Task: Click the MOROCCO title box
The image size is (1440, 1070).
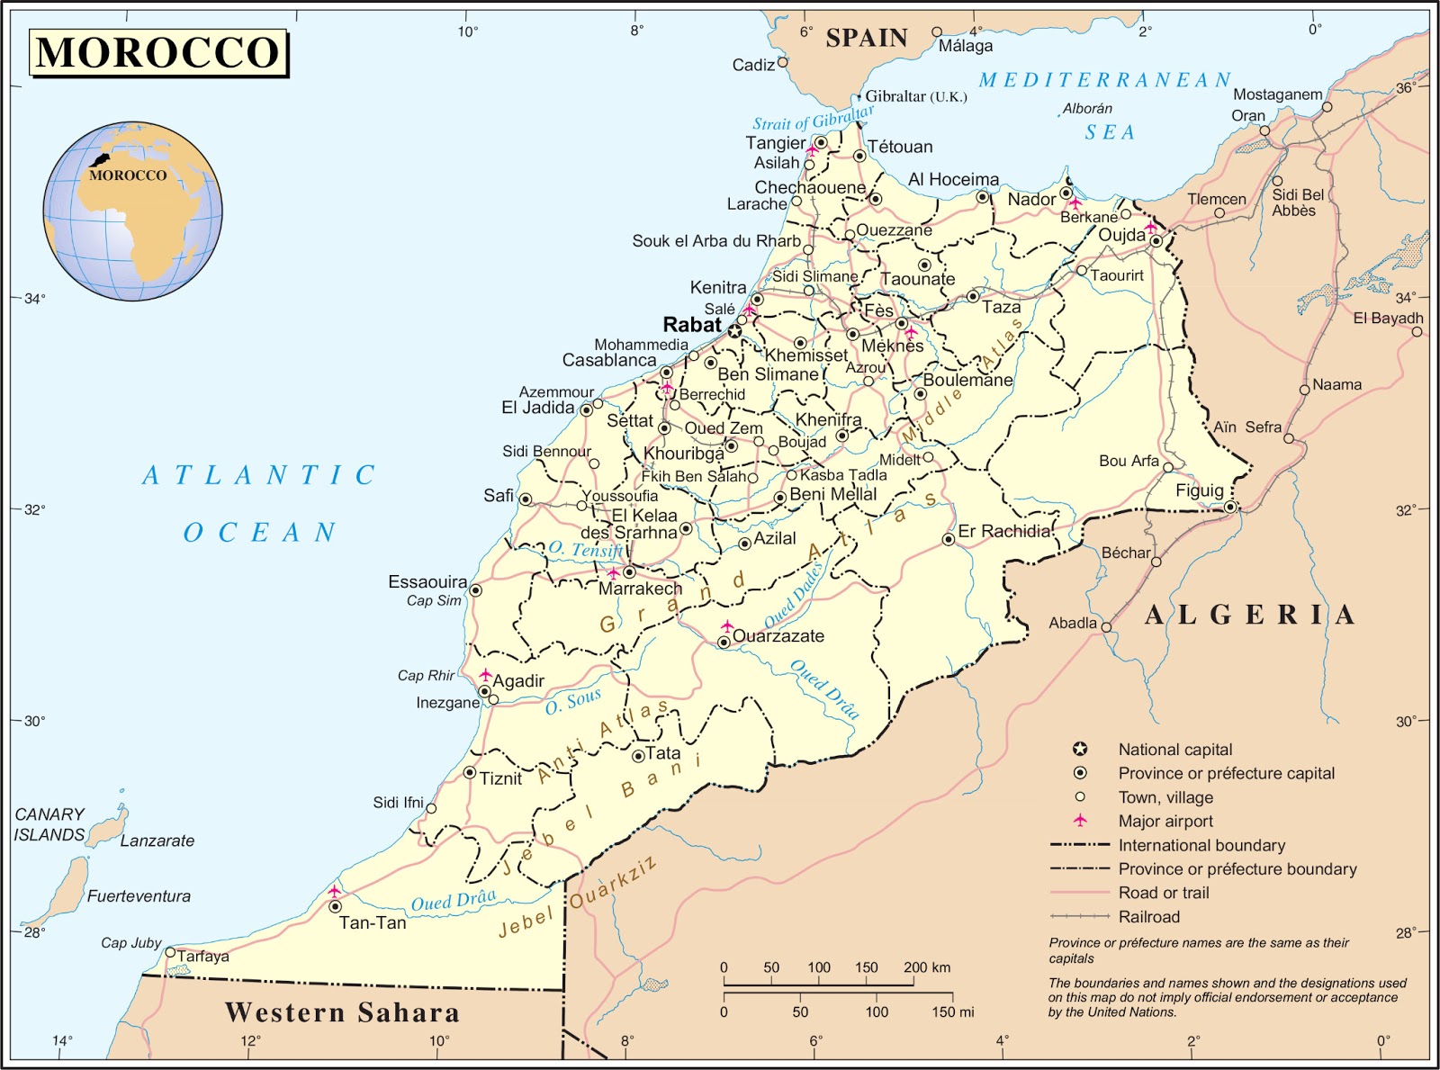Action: (x=158, y=52)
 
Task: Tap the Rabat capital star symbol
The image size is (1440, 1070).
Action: (x=734, y=331)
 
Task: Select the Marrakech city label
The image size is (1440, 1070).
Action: (x=640, y=589)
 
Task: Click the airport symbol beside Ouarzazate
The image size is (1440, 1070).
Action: (x=727, y=625)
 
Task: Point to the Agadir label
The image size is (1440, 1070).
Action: (x=517, y=681)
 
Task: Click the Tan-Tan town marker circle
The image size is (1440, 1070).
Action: (x=335, y=906)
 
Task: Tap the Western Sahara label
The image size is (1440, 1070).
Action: (x=342, y=1012)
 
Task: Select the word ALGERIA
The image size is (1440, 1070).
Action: (x=1249, y=616)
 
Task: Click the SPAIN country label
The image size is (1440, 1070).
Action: (x=866, y=38)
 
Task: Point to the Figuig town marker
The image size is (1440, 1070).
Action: (x=1230, y=508)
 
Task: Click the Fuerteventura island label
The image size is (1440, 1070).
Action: (x=139, y=896)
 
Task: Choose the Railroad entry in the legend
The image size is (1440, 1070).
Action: (x=1148, y=917)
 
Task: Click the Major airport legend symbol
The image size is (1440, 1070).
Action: (x=1080, y=821)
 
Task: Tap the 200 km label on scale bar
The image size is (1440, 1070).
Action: (x=926, y=967)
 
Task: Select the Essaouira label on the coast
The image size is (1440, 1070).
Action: (x=427, y=582)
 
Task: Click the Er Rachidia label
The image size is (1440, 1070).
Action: (x=1003, y=531)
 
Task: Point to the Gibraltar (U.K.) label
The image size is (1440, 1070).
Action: (x=915, y=96)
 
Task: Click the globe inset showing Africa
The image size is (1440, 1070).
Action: (x=132, y=211)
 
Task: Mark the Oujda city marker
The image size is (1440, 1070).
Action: (x=1156, y=241)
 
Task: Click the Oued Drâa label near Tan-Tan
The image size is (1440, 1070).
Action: (x=453, y=901)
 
